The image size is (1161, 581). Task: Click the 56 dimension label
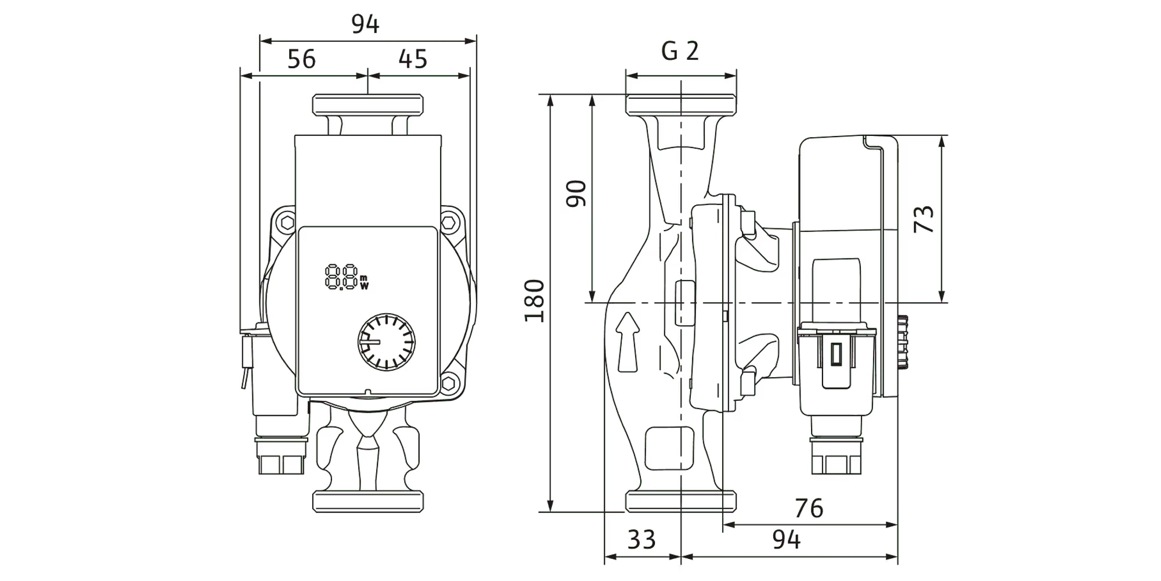pyautogui.click(x=301, y=59)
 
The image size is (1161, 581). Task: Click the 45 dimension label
pyautogui.click(x=413, y=59)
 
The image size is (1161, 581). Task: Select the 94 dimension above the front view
pyautogui.click(x=365, y=24)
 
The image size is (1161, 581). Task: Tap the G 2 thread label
pyautogui.click(x=680, y=52)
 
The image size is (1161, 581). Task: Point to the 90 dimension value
pyautogui.click(x=576, y=193)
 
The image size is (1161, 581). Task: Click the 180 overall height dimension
pyautogui.click(x=535, y=301)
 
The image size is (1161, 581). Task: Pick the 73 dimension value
pyautogui.click(x=924, y=219)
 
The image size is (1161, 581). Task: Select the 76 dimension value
pyautogui.click(x=809, y=509)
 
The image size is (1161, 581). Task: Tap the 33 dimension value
pyautogui.click(x=641, y=540)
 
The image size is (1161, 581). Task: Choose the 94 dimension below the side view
pyautogui.click(x=786, y=540)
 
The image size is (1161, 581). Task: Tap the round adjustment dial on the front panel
pyautogui.click(x=386, y=342)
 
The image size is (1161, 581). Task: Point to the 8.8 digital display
pyautogui.click(x=346, y=277)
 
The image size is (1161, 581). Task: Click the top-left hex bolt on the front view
pyautogui.click(x=286, y=223)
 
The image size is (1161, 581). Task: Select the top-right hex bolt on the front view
pyautogui.click(x=449, y=223)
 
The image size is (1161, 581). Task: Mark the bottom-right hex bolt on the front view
pyautogui.click(x=449, y=383)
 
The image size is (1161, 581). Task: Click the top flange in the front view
pyautogui.click(x=367, y=105)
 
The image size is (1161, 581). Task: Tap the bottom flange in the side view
pyautogui.click(x=680, y=501)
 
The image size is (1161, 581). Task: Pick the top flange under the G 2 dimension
pyautogui.click(x=680, y=105)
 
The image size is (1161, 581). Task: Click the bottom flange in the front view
pyautogui.click(x=367, y=501)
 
